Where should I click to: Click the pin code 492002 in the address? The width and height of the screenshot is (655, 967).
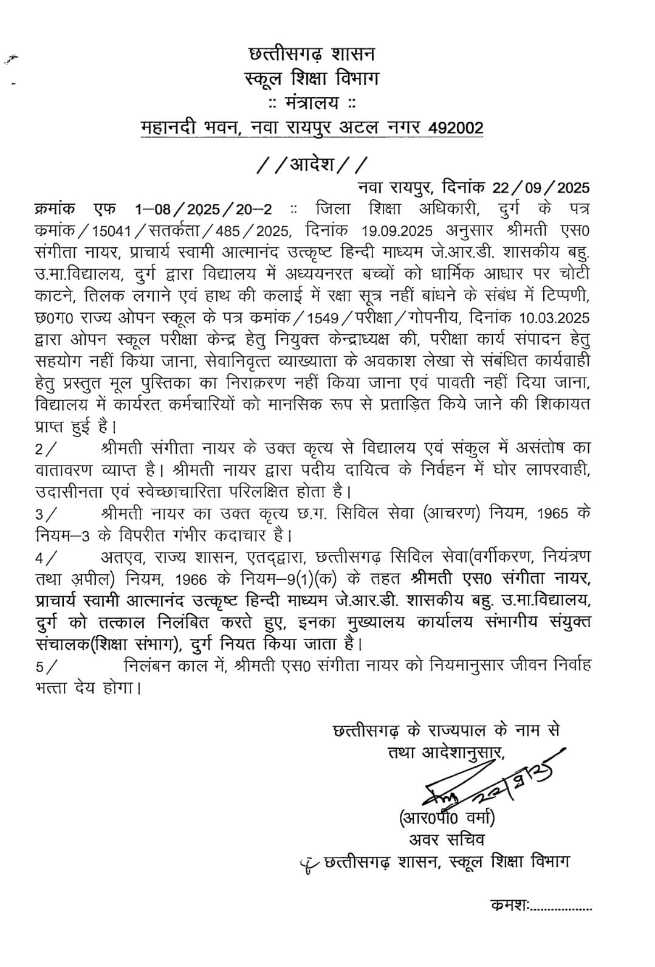point(456,128)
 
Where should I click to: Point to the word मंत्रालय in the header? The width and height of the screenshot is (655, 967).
point(312,103)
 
